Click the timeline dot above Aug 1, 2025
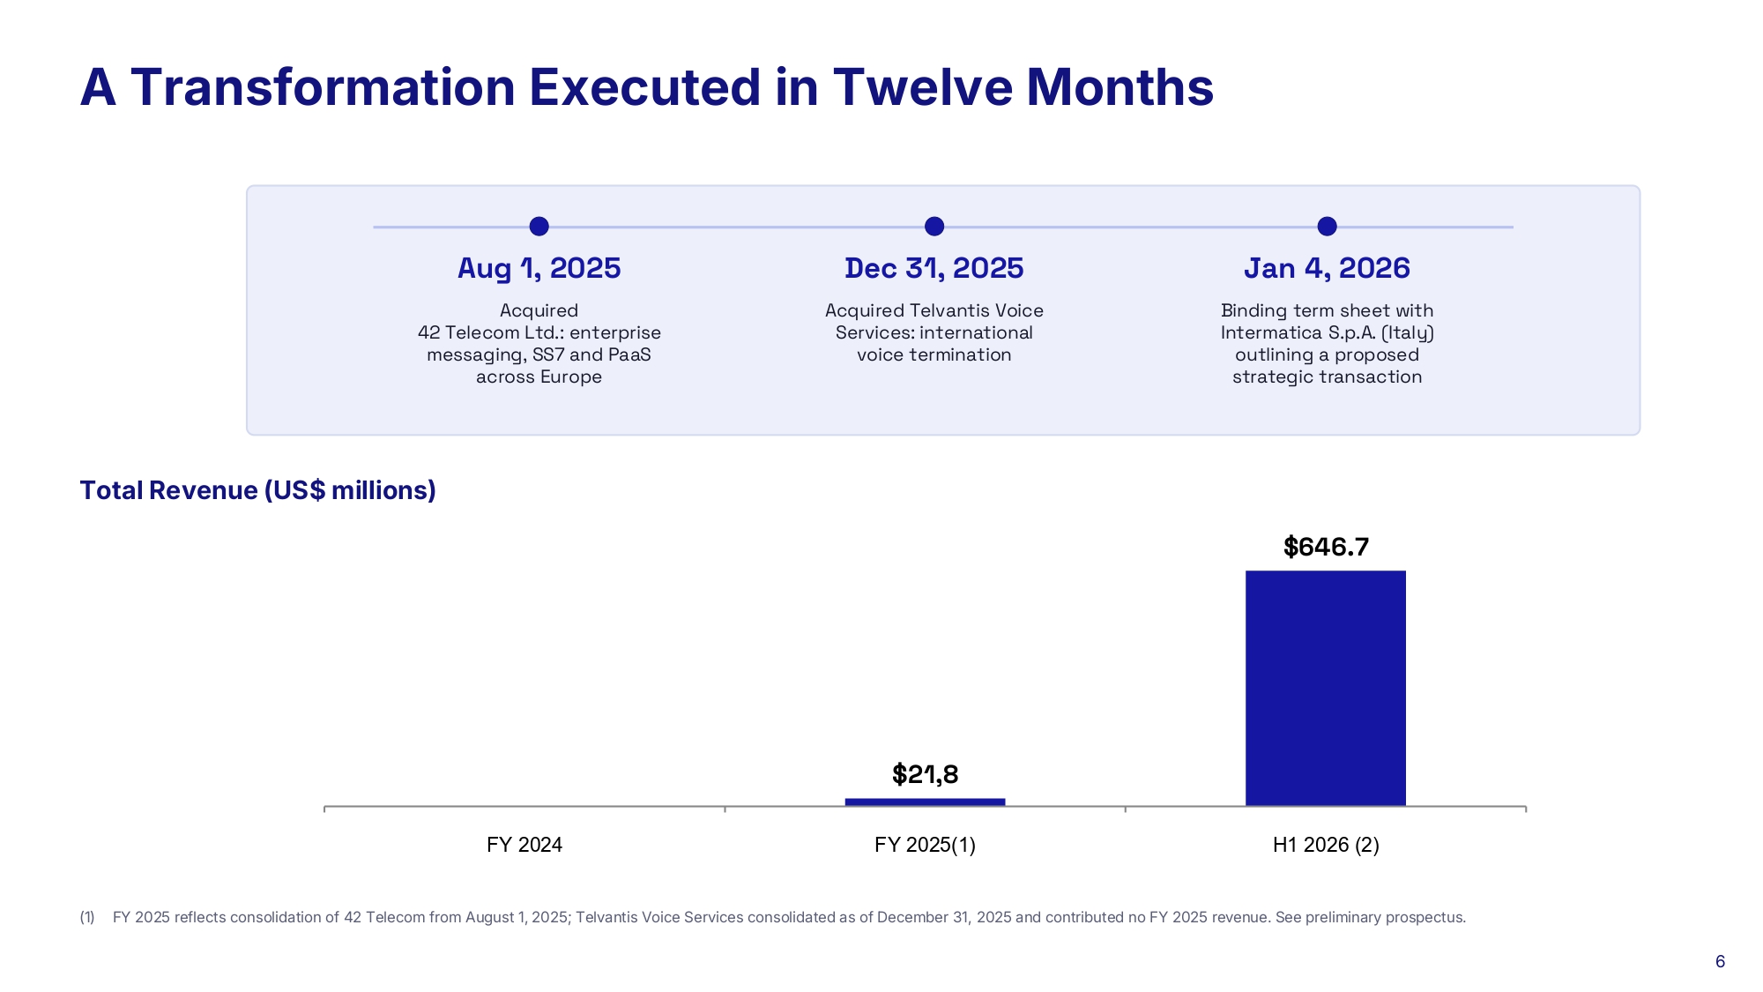pos(539,227)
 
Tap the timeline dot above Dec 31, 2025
pos(934,227)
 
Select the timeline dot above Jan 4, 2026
pos(1327,227)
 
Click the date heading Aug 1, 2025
pos(539,268)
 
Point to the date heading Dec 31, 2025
pos(934,268)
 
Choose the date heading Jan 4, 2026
pos(1327,268)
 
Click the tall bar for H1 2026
pos(1326,688)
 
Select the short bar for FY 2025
pos(925,802)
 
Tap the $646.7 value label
pos(1326,547)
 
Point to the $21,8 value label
pos(925,774)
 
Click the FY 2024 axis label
pos(524,845)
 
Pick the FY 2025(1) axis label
pos(925,845)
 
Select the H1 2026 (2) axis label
pos(1326,845)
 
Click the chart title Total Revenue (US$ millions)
pos(258,490)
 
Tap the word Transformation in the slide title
pos(323,87)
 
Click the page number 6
pos(1720,961)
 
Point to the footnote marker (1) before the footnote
pos(87,917)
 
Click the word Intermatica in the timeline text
pos(1271,332)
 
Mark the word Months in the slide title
pos(1120,87)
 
